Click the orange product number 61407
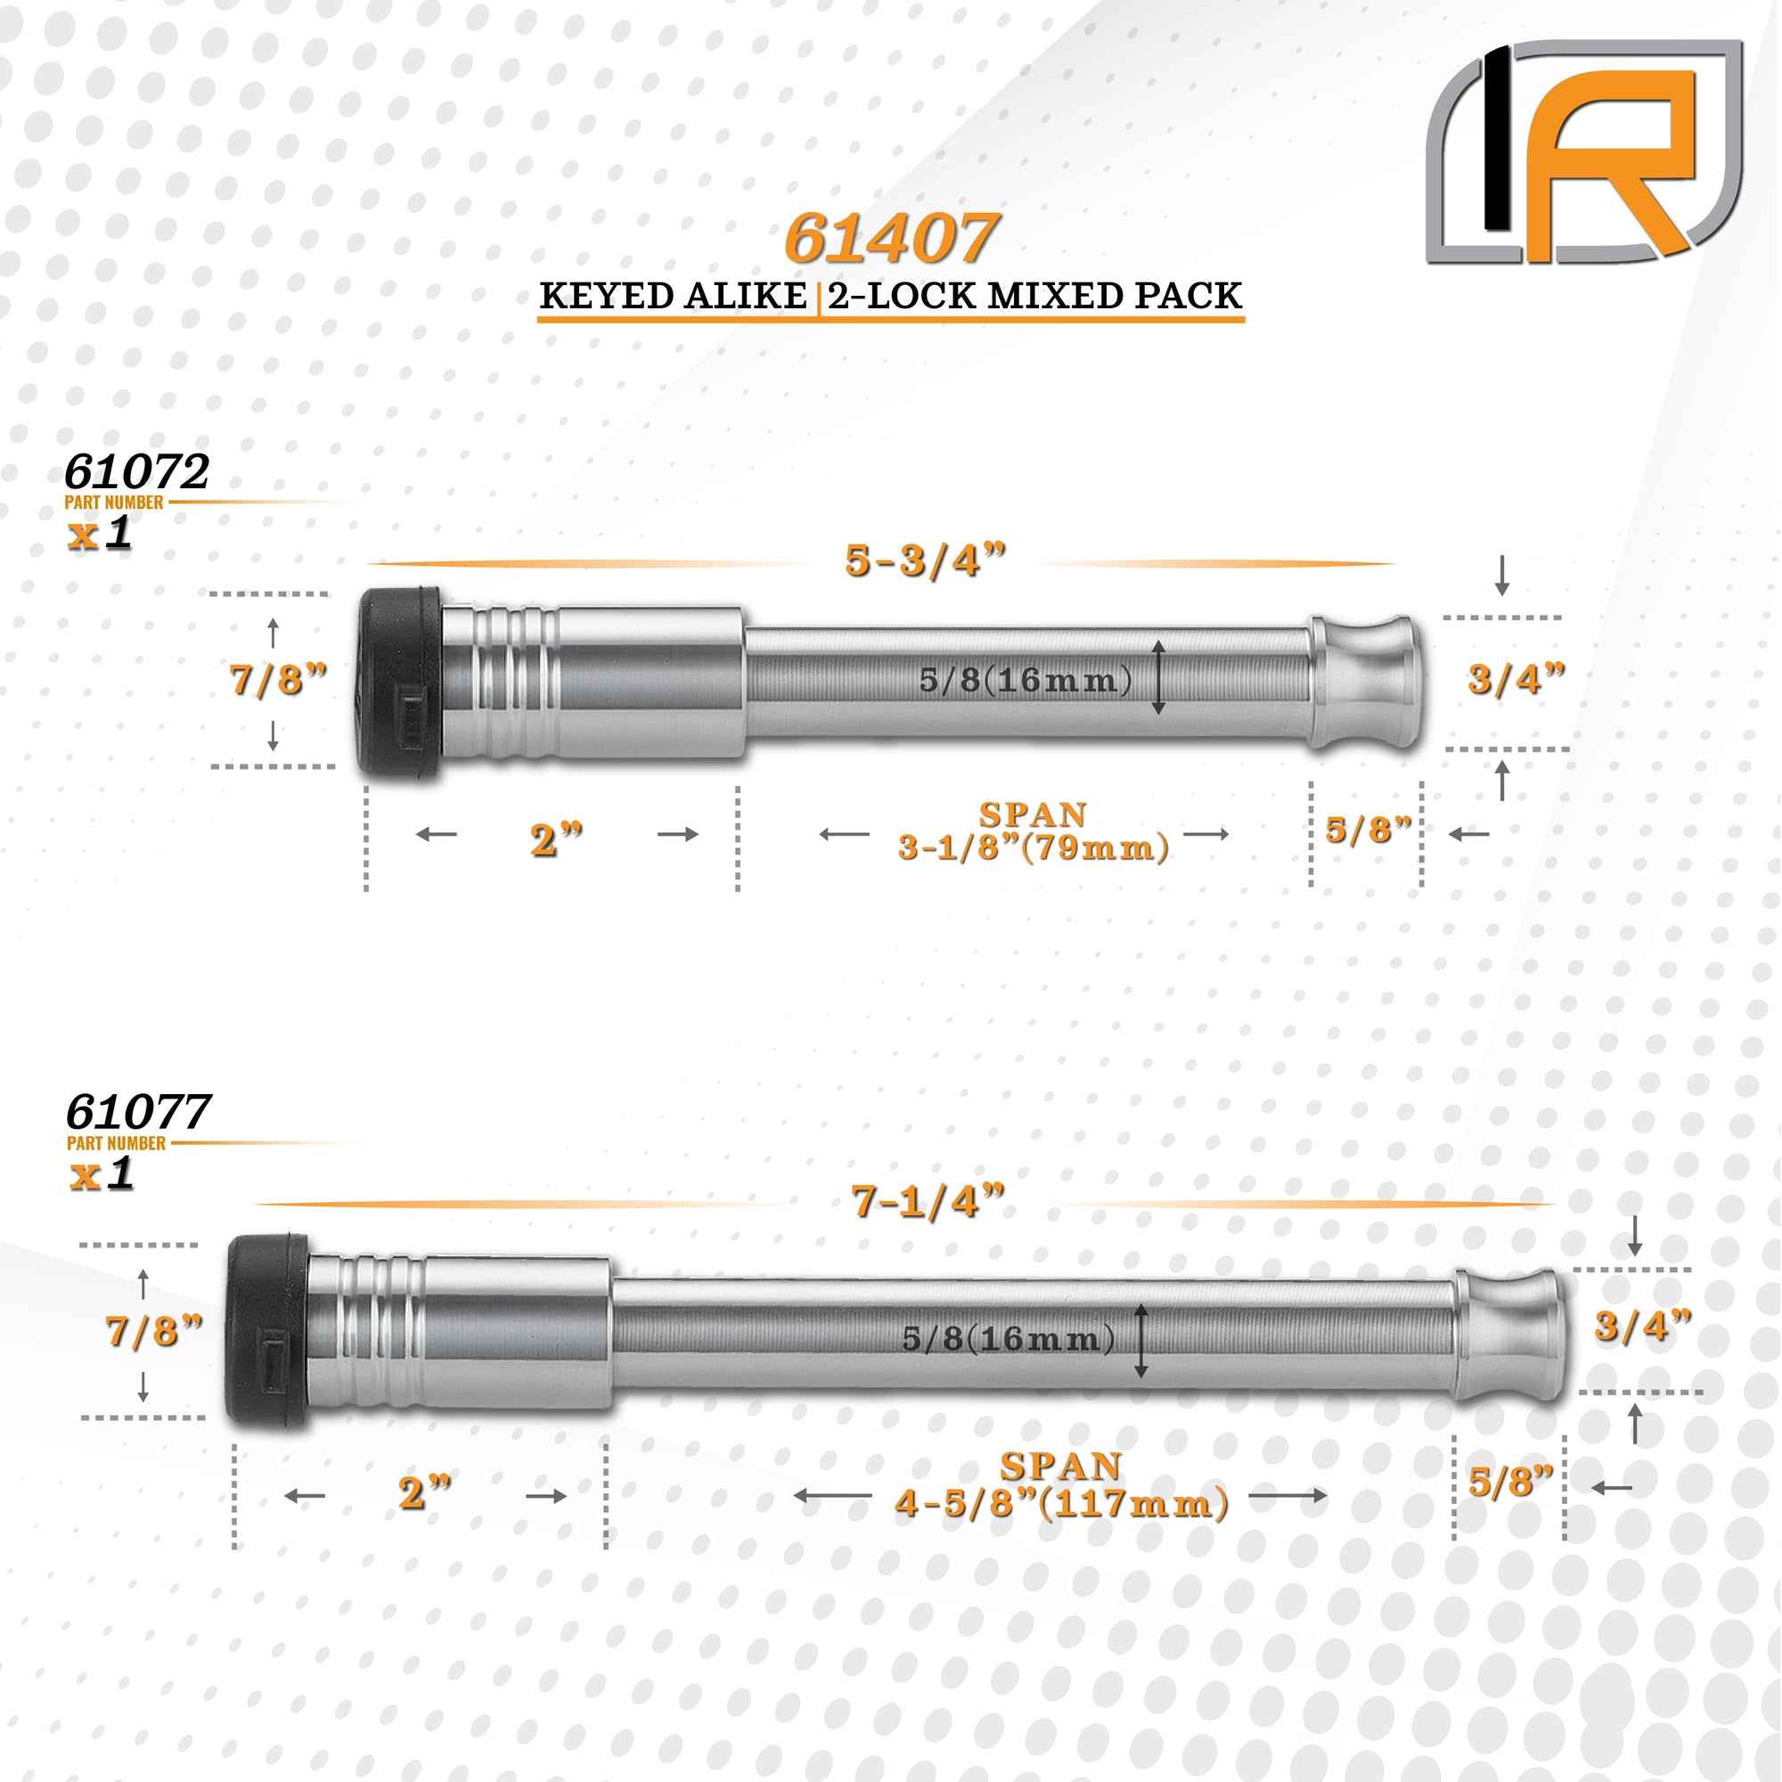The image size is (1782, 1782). pyautogui.click(x=890, y=239)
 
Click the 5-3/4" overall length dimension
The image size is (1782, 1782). pyautogui.click(x=925, y=560)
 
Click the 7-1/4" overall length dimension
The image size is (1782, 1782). pyautogui.click(x=927, y=1202)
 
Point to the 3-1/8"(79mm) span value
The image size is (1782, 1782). pyautogui.click(x=1033, y=847)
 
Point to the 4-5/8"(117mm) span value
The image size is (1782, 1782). pyautogui.click(x=1060, y=1504)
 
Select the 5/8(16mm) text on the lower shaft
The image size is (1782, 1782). pyautogui.click(x=1008, y=1338)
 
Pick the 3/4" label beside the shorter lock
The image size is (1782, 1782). pyautogui.click(x=1516, y=680)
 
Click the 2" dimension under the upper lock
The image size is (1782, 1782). pyautogui.click(x=556, y=839)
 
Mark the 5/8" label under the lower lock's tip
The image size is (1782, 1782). pyautogui.click(x=1511, y=1482)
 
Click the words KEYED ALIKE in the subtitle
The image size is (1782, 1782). pyautogui.click(x=673, y=296)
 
